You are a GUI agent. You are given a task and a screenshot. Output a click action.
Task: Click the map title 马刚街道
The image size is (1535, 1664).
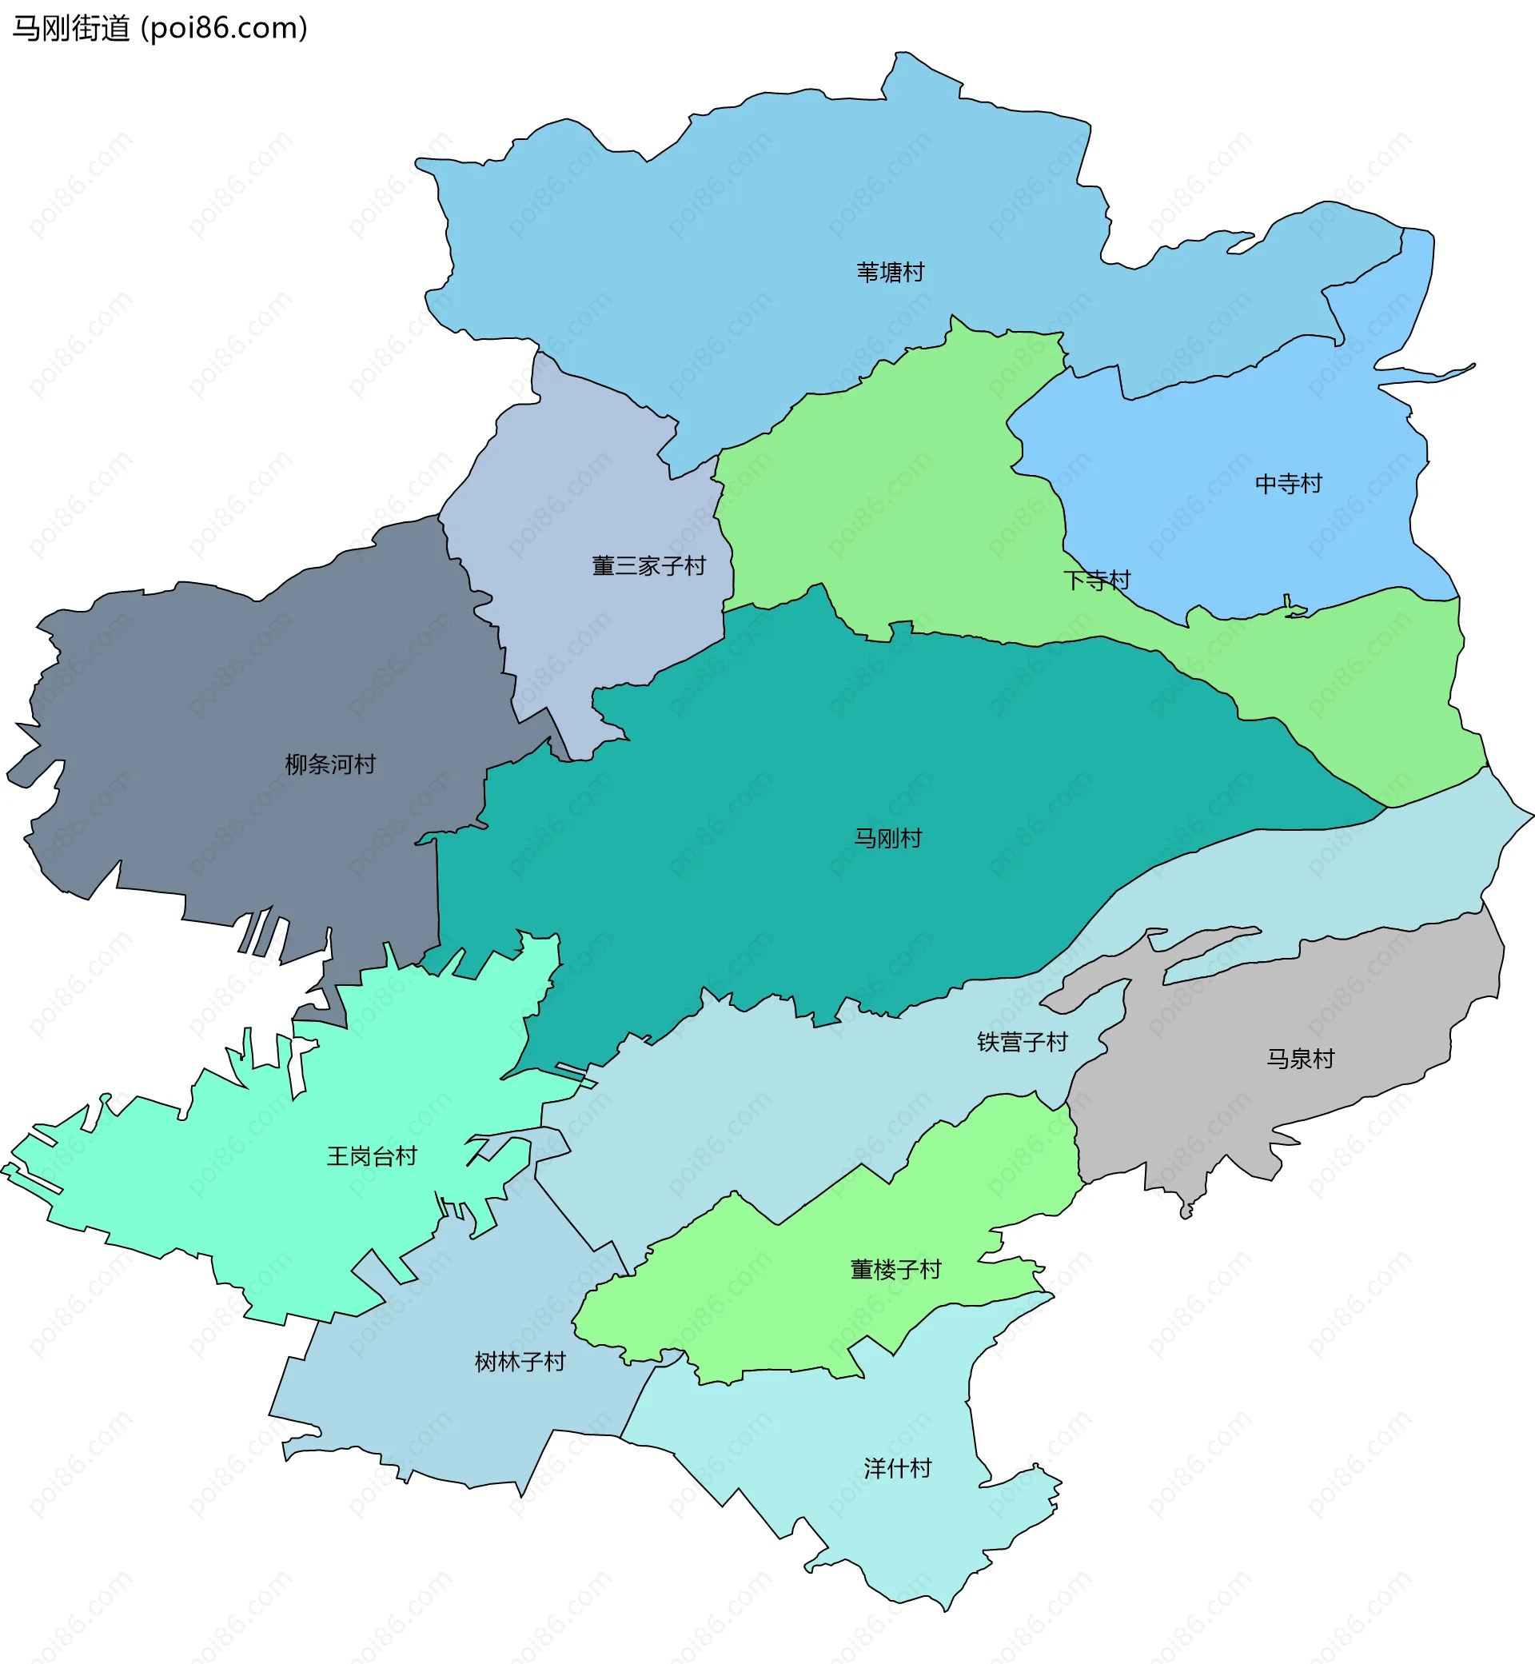click(70, 28)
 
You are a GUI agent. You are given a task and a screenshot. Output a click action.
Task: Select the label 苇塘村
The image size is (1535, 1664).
click(890, 273)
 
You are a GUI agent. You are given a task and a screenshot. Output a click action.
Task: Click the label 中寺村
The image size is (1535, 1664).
click(1287, 484)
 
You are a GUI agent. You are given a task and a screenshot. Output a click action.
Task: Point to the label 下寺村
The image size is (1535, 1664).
click(1096, 580)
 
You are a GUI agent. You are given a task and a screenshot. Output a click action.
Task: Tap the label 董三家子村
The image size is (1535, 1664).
click(648, 566)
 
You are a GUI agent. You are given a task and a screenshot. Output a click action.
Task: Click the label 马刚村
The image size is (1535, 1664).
click(887, 838)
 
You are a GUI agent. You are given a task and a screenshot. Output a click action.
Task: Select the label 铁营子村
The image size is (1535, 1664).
click(1022, 1042)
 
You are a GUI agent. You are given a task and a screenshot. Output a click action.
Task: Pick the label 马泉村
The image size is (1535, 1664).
click(1299, 1059)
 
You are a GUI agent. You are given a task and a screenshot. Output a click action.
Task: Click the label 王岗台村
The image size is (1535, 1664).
click(371, 1156)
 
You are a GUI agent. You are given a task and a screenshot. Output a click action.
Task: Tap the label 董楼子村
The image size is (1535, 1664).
click(895, 1270)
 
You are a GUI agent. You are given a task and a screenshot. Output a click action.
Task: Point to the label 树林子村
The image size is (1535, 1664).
click(519, 1362)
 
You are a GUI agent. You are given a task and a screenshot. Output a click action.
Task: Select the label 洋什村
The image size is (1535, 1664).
click(897, 1468)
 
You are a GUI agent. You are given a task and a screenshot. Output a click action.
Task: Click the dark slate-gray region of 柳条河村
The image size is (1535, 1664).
click(208, 706)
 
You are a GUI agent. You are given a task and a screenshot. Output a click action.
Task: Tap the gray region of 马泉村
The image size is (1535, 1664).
click(1329, 997)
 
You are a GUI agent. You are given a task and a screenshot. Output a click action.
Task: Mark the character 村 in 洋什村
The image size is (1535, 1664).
click(920, 1468)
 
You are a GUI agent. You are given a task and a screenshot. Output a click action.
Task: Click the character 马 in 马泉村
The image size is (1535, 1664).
click(1277, 1059)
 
